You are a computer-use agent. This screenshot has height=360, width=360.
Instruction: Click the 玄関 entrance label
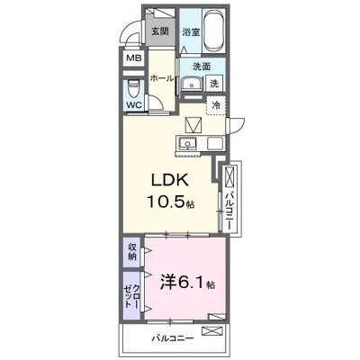coord(160,31)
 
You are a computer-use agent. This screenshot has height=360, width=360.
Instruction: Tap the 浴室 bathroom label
coord(191,31)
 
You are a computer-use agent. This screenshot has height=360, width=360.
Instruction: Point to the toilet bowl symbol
coord(133,88)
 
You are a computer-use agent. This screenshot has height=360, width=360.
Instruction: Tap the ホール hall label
coord(162,79)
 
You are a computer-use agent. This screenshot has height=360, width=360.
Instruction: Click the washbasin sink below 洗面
coord(191,85)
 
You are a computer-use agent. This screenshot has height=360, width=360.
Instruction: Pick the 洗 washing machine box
coord(214,84)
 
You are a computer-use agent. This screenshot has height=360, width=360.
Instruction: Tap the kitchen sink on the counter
coord(190,143)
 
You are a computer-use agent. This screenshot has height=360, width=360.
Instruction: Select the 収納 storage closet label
coord(131,252)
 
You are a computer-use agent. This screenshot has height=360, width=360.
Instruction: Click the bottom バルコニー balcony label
coord(169,339)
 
